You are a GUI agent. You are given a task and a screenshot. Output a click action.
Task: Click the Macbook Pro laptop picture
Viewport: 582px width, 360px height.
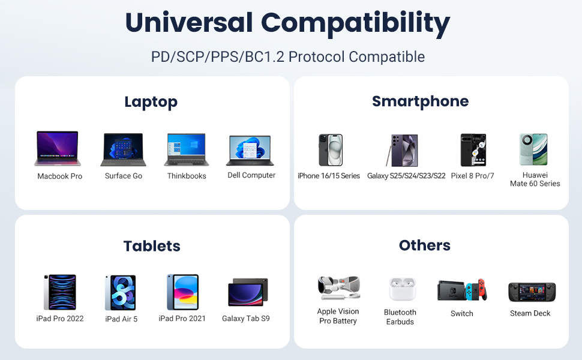[58, 149]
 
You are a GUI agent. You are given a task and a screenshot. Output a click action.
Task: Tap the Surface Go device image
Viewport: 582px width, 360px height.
[124, 149]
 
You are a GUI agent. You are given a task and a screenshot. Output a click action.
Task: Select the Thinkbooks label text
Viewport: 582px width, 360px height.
[187, 176]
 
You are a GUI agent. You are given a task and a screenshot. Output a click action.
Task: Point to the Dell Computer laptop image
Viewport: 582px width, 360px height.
[250, 151]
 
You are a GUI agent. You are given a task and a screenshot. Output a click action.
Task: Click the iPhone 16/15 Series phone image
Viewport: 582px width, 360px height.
[330, 150]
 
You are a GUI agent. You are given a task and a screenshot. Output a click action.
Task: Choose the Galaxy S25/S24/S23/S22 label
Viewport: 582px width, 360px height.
[406, 176]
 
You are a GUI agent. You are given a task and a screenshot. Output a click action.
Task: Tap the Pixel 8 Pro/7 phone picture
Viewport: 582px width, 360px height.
[473, 150]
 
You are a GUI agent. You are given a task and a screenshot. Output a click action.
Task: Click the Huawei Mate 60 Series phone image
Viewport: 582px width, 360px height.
[533, 149]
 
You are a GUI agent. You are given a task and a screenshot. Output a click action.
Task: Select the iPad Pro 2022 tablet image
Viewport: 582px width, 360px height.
[60, 292]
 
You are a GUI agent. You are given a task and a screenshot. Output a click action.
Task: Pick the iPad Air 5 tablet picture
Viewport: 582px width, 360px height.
[121, 293]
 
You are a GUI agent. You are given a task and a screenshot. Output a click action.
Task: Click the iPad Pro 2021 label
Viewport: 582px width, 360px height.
[182, 318]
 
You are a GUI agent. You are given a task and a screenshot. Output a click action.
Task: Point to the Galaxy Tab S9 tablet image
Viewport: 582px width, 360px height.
[247, 292]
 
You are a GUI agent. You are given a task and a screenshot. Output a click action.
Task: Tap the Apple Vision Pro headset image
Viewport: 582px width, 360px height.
[339, 289]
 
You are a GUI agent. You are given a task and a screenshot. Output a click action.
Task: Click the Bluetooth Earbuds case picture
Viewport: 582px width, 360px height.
[400, 289]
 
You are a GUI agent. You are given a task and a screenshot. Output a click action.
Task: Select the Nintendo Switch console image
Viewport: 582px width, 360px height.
[462, 290]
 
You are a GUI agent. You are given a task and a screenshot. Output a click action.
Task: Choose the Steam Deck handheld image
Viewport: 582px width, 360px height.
[532, 292]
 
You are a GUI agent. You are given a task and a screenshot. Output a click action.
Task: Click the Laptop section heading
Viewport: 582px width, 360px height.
[151, 102]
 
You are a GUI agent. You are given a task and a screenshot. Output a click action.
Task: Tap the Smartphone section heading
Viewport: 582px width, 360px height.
[420, 101]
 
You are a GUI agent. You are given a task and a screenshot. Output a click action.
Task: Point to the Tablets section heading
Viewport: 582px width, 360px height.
[152, 246]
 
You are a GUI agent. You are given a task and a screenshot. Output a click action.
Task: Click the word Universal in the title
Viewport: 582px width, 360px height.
[188, 23]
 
